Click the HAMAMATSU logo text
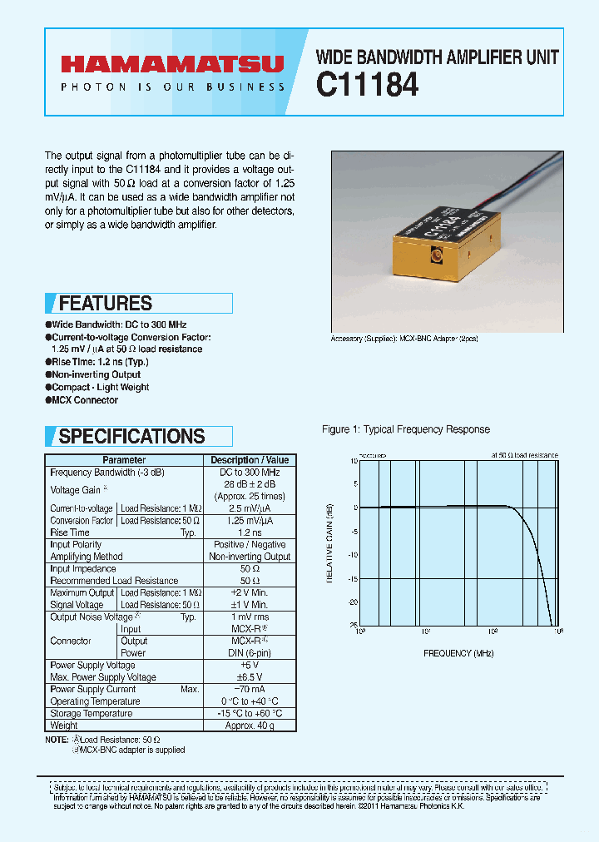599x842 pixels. click(171, 63)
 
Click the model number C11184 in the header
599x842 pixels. click(367, 85)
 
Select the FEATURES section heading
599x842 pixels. click(106, 304)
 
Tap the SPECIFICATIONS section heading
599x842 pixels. click(131, 436)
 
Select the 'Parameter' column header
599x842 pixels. click(124, 460)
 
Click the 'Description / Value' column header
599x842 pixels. click(250, 460)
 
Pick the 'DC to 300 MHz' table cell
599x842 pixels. click(250, 473)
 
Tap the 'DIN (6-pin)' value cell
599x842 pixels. click(250, 653)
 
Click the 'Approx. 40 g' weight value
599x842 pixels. click(250, 726)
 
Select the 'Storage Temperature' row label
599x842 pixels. click(92, 714)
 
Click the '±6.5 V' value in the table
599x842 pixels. click(250, 677)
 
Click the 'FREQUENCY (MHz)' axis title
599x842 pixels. click(458, 654)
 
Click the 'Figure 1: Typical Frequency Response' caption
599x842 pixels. click(406, 429)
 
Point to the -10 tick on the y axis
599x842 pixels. click(353, 555)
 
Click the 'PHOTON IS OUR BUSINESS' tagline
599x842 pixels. click(172, 87)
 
